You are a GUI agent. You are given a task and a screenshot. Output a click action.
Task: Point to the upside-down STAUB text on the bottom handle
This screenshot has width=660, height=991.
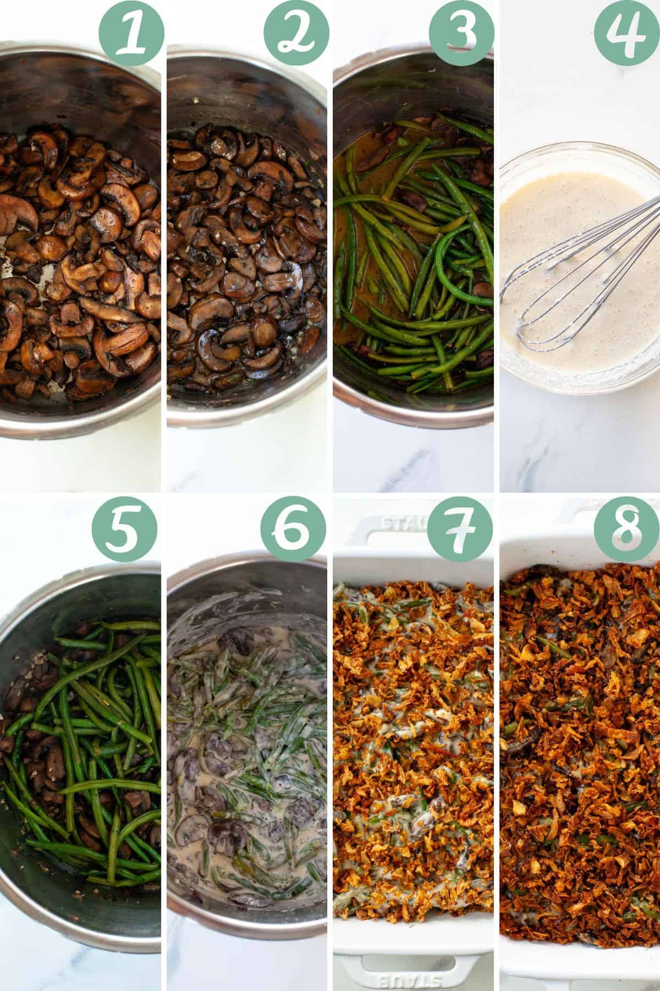point(408,979)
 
